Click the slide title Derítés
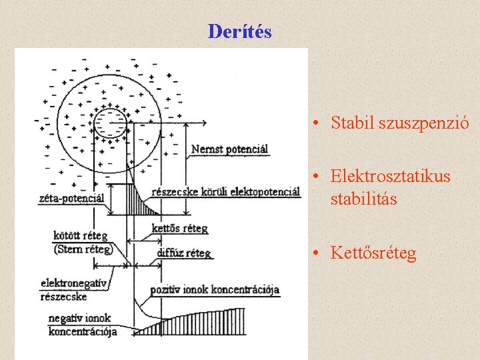[x=239, y=31]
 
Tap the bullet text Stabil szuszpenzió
[x=400, y=123]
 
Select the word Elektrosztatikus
[x=390, y=177]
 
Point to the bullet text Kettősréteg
[x=373, y=253]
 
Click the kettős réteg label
[x=179, y=229]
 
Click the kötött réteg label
[x=81, y=237]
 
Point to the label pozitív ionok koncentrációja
[x=215, y=290]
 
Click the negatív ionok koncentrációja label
[x=81, y=325]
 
